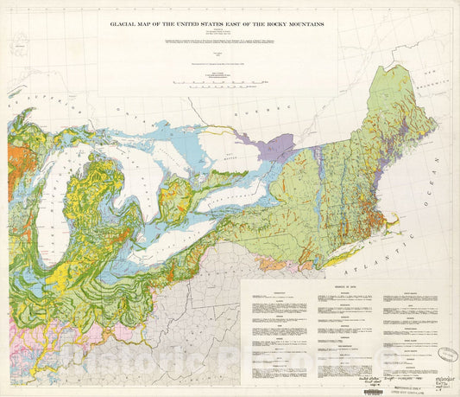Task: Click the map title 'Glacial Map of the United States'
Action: (217, 25)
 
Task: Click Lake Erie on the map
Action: (177, 228)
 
